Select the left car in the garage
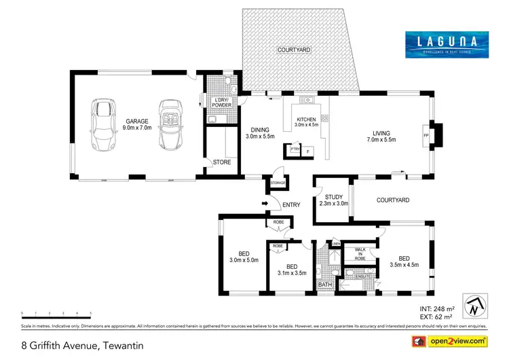[102, 125]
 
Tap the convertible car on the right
[169, 125]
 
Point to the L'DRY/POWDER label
[222, 103]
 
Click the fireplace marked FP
[426, 134]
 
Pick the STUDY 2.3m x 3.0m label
[332, 200]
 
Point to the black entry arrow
[265, 204]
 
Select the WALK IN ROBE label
[360, 254]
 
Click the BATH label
[325, 285]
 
